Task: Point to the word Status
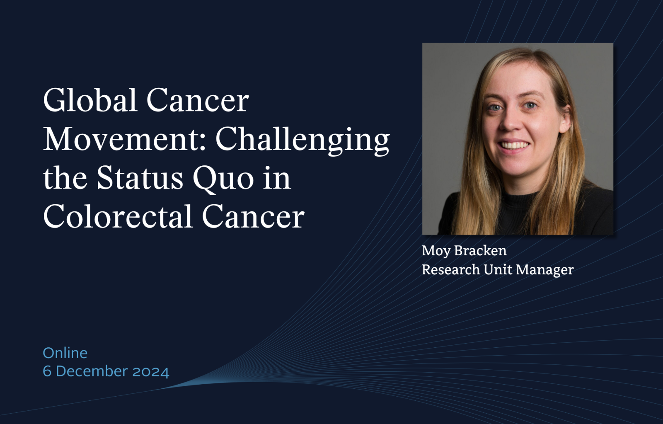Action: click(x=140, y=178)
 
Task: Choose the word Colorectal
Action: click(x=118, y=216)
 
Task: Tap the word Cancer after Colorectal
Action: click(x=253, y=217)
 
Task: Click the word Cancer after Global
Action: click(x=198, y=101)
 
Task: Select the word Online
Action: click(x=65, y=353)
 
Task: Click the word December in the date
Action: click(x=92, y=371)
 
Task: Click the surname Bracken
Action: click(x=480, y=250)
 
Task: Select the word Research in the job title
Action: click(x=451, y=269)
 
